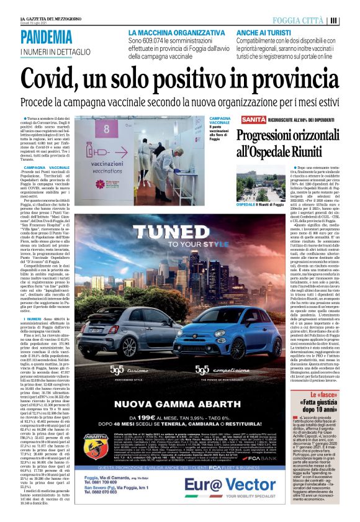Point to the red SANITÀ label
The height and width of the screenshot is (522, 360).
click(235, 118)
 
